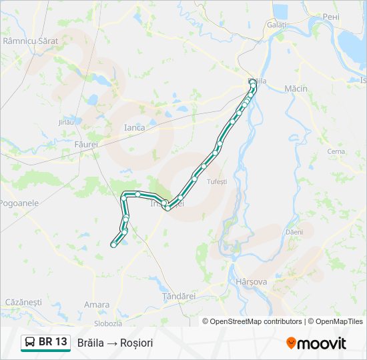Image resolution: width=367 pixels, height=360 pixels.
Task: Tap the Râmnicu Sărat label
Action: tap(31, 41)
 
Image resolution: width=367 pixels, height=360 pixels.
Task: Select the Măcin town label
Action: tap(296, 88)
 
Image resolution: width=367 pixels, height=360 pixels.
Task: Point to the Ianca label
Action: tap(134, 127)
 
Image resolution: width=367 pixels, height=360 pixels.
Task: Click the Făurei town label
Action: tap(87, 144)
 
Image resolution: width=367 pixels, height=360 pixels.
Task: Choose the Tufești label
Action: tap(218, 181)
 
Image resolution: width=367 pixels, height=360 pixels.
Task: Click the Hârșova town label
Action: tap(252, 282)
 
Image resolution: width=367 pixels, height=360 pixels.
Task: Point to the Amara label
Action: tap(97, 305)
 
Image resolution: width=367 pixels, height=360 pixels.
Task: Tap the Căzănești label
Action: tap(23, 302)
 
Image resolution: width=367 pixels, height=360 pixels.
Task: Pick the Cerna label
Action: tap(336, 151)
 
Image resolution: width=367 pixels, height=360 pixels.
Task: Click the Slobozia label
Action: tap(108, 323)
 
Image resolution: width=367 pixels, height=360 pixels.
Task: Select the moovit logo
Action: tap(316, 343)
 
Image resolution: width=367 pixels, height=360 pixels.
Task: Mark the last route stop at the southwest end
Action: tap(113, 245)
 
